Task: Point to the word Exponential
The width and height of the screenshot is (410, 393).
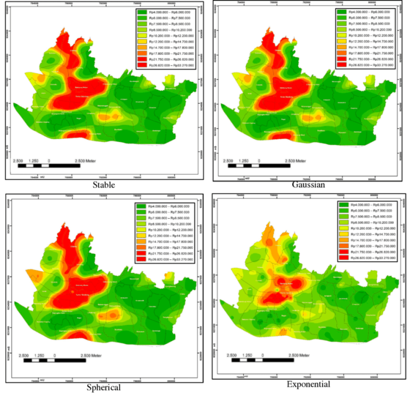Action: tap(307, 384)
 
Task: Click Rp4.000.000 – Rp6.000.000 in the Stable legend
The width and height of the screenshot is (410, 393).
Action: tap(168, 12)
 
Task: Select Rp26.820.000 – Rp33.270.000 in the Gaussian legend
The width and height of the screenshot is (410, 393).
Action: tap(371, 65)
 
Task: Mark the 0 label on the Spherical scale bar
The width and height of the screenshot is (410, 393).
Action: tap(54, 356)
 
